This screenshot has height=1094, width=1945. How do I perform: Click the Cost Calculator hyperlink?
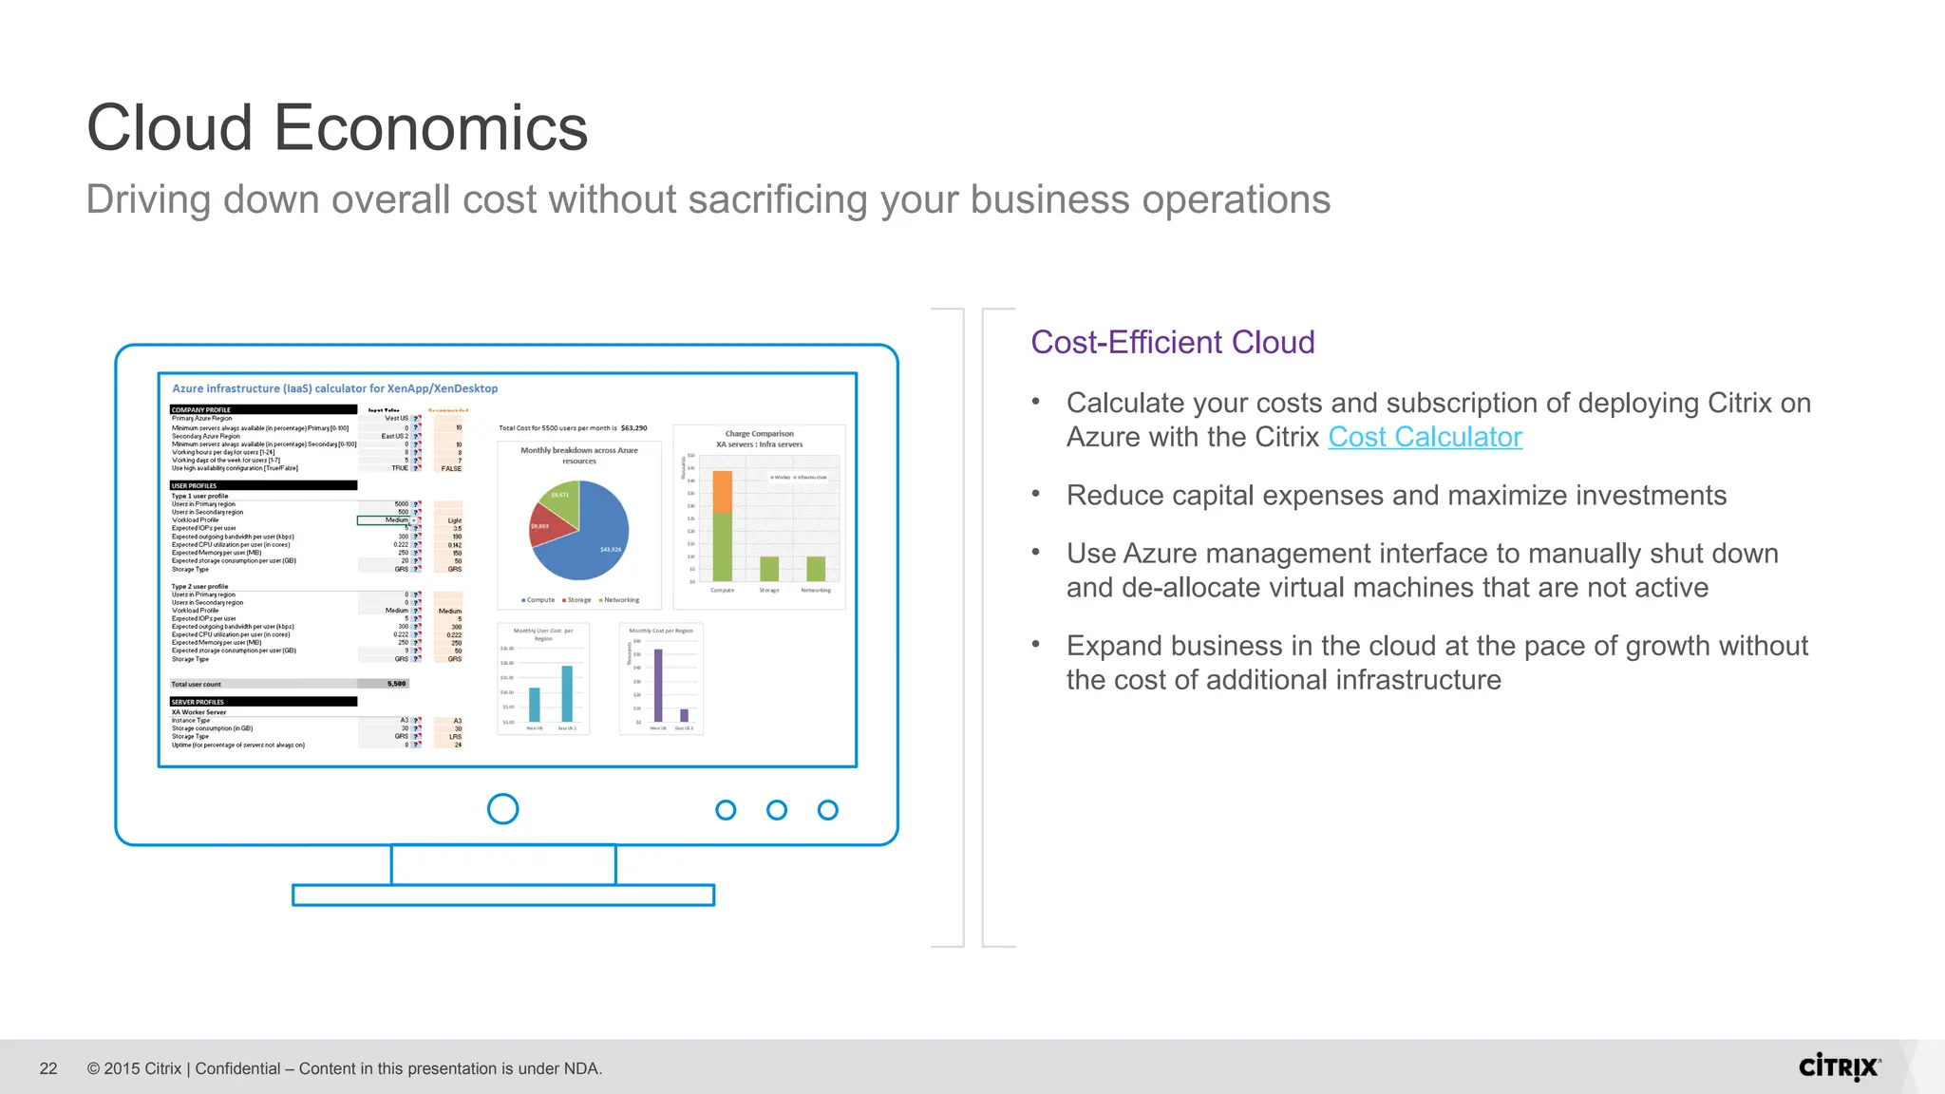pos(1425,437)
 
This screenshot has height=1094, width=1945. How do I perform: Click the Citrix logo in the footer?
pos(1839,1067)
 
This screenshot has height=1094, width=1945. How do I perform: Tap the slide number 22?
pos(48,1068)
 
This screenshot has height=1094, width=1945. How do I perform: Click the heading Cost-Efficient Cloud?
pos(1172,342)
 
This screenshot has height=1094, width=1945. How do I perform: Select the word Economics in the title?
pos(430,128)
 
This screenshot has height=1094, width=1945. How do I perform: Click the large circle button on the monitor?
pos(502,809)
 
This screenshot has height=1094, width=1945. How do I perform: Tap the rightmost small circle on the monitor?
pos(827,810)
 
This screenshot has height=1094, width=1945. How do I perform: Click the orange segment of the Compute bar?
pos(723,491)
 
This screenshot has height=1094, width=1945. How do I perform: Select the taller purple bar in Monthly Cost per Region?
pos(658,685)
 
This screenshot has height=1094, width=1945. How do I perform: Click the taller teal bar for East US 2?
pos(567,693)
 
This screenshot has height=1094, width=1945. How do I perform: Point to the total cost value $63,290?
pos(633,428)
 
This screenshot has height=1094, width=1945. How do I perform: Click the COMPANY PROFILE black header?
pos(263,410)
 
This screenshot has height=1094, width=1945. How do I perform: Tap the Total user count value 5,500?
pos(396,684)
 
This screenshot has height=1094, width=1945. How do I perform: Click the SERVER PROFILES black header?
pos(263,702)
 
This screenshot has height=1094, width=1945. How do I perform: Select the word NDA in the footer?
pos(580,1068)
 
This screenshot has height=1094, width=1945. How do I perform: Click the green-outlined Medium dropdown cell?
pos(386,520)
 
